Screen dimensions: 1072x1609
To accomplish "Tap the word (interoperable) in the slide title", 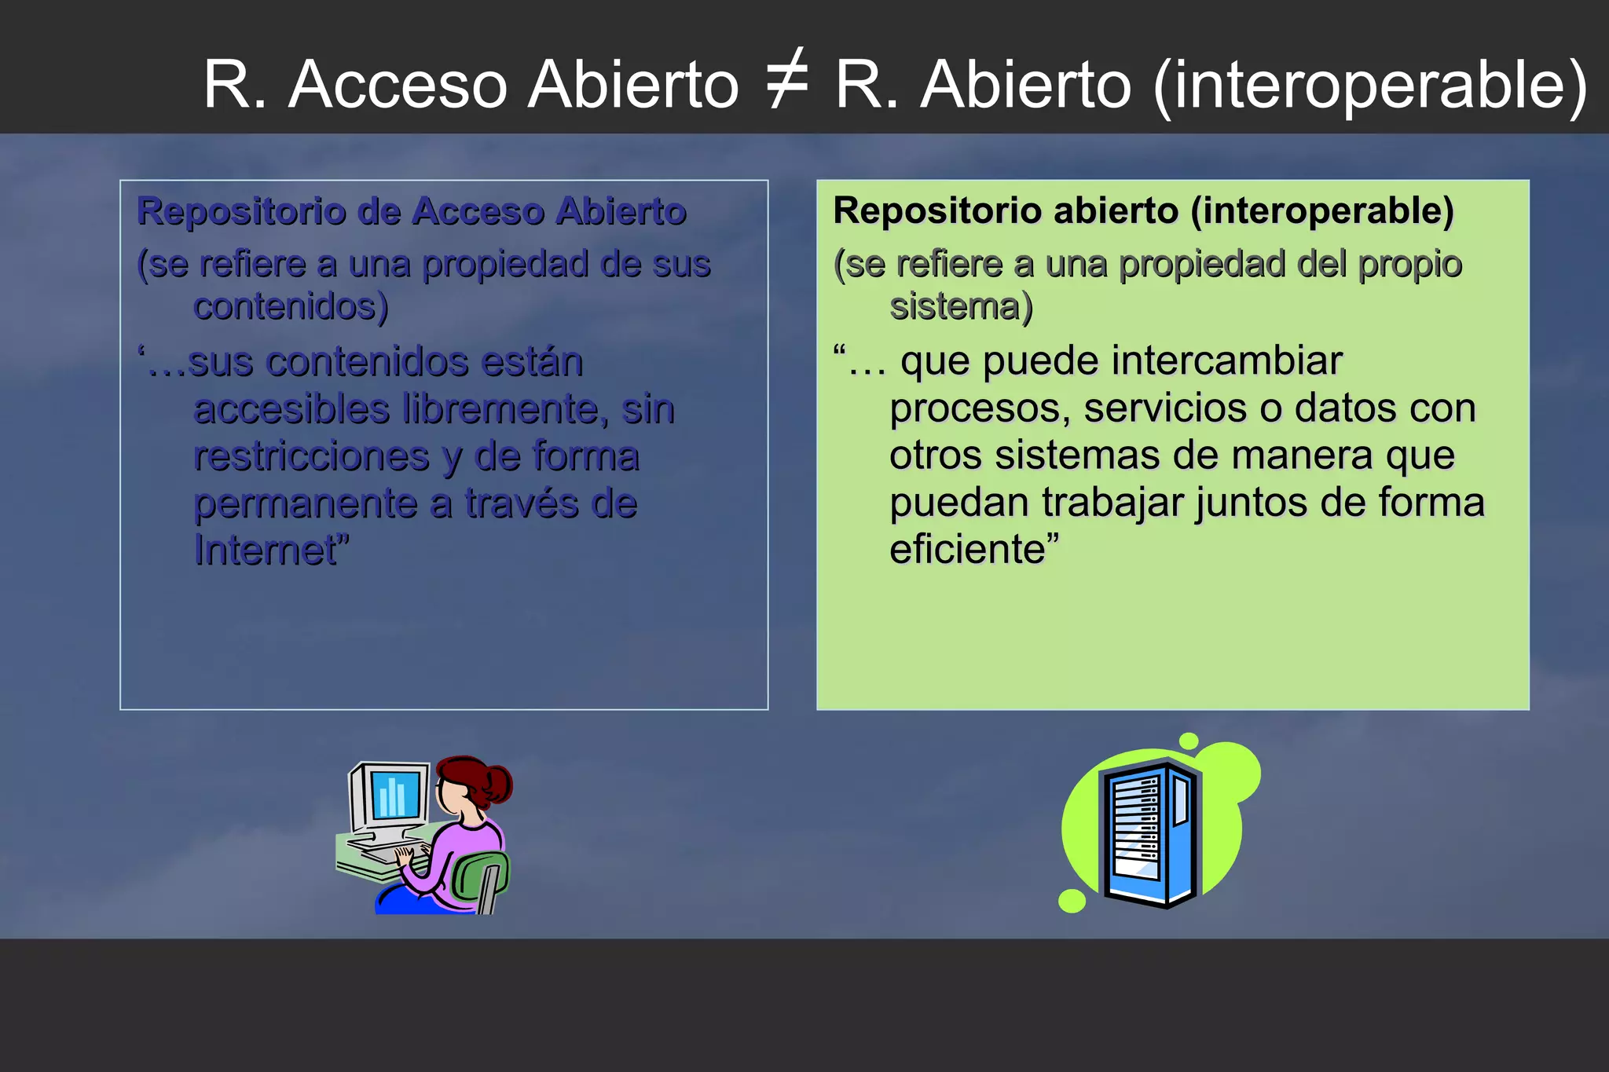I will tap(1369, 85).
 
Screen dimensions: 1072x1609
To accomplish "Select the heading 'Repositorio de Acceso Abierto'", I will tap(412, 211).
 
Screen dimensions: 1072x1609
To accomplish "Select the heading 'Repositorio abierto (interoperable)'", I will tap(1143, 210).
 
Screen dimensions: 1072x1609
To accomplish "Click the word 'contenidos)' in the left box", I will tap(291, 306).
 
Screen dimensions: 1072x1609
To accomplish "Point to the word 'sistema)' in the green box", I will tap(961, 306).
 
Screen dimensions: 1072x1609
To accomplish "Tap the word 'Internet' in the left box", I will tap(266, 550).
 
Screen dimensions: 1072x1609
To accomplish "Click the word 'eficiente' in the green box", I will tap(968, 549).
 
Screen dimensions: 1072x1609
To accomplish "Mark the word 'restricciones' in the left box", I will tap(312, 456).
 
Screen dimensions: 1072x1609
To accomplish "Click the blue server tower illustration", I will tap(1151, 834).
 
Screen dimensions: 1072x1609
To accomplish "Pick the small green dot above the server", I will tap(1189, 741).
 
